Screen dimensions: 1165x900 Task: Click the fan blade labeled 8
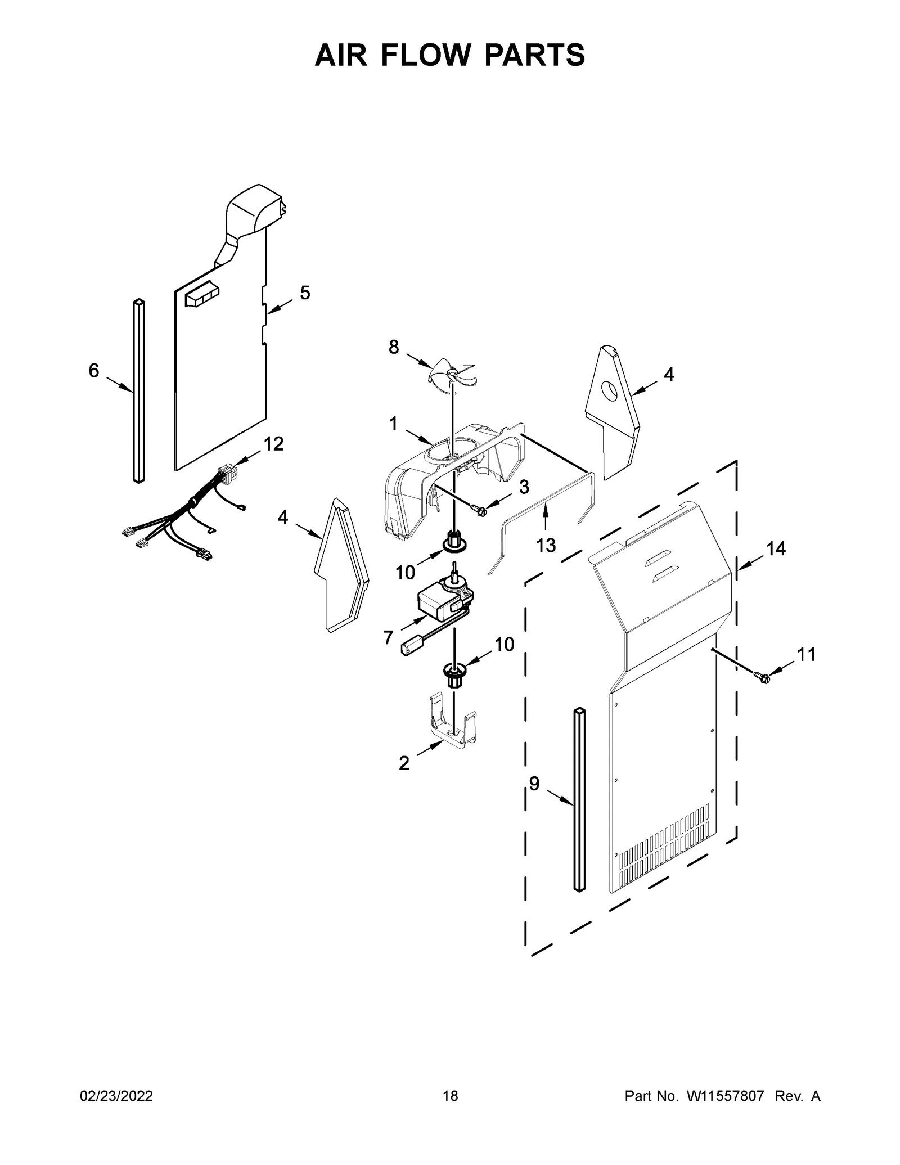pyautogui.click(x=453, y=374)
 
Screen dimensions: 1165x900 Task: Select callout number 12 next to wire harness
pyautogui.click(x=274, y=444)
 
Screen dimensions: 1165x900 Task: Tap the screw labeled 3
pyautogui.click(x=480, y=510)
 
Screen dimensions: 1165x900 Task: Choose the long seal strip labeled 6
pyautogui.click(x=138, y=391)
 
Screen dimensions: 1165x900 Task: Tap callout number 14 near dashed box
pyautogui.click(x=776, y=548)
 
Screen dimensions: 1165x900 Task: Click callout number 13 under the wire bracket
pyautogui.click(x=546, y=545)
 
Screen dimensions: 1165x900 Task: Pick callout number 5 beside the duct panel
pyautogui.click(x=304, y=293)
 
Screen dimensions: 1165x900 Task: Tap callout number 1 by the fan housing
pyautogui.click(x=393, y=424)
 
